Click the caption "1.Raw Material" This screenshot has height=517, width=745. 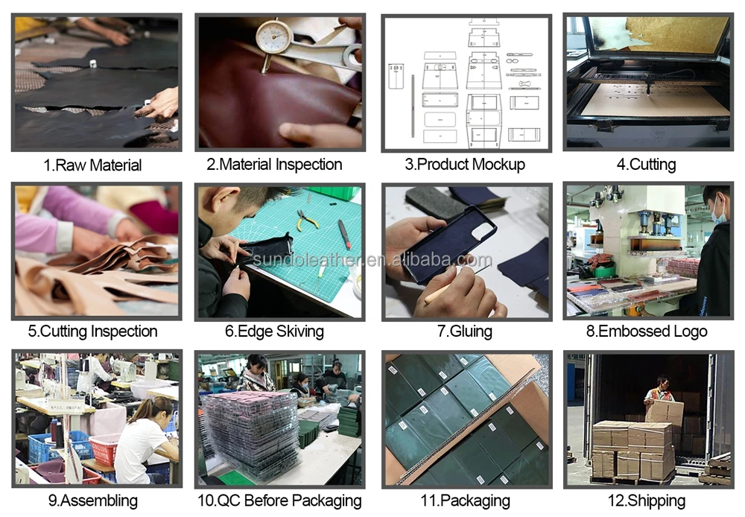coord(92,165)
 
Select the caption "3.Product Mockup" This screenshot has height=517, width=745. coord(465,165)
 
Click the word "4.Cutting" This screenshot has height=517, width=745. coord(646,165)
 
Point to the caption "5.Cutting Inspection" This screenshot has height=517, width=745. coord(92,332)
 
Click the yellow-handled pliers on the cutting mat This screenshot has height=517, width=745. coord(307,220)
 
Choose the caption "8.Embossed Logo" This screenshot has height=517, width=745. coord(647,332)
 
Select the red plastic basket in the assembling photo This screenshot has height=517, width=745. coord(104,450)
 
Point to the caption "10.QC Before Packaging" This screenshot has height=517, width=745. coord(279,501)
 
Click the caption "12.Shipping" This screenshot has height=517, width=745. coord(647,501)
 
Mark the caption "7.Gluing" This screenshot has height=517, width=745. coord(465,332)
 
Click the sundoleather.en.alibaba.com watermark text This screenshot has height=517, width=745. coord(372,259)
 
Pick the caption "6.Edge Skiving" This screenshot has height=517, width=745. coord(275,332)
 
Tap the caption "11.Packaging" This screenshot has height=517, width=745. coord(465,501)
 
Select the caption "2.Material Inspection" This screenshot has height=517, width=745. coord(274,165)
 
